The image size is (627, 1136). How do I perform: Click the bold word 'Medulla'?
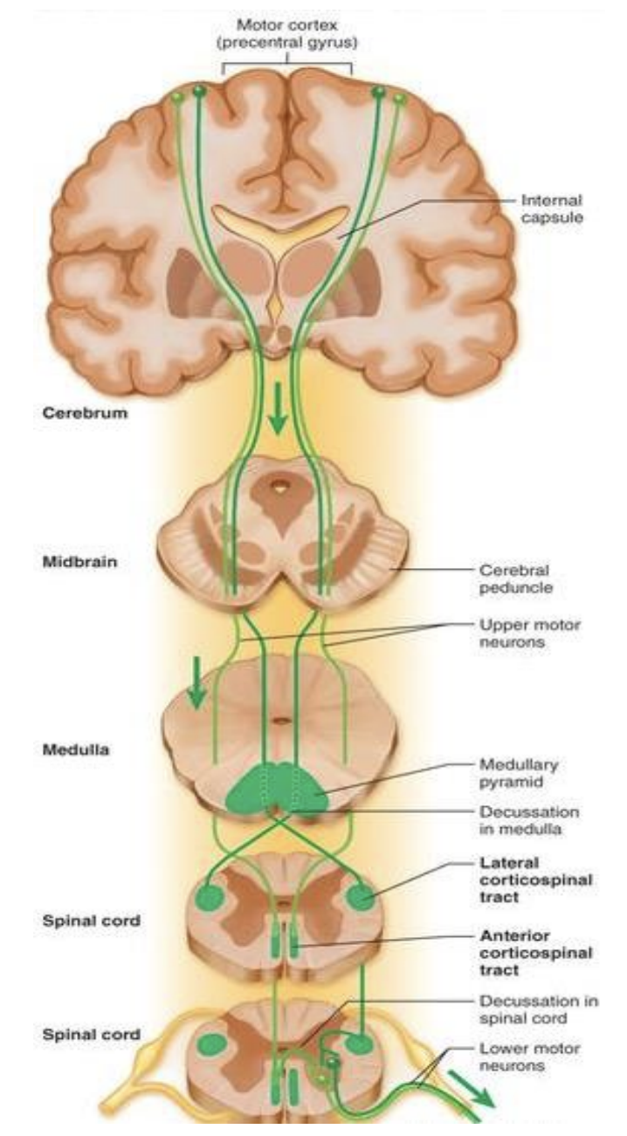(x=72, y=748)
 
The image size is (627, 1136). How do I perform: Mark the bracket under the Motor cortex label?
(x=286, y=65)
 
